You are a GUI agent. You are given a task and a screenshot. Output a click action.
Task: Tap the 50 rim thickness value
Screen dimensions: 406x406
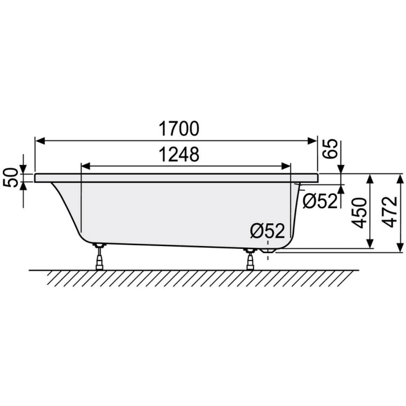10,178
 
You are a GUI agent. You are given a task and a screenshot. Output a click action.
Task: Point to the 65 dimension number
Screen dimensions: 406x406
330,150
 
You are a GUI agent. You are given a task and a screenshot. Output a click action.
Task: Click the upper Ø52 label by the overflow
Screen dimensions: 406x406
320,201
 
